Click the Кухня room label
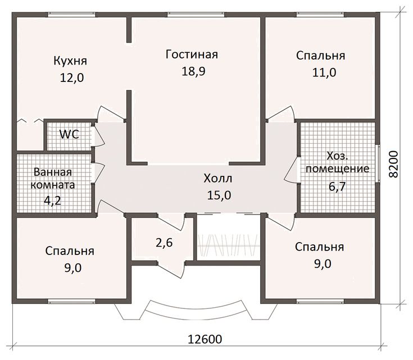(x=70, y=61)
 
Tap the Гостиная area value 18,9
(x=193, y=71)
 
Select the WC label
(x=69, y=135)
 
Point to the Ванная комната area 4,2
(x=52, y=200)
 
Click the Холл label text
(x=218, y=179)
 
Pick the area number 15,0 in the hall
(x=219, y=195)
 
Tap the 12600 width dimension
(x=205, y=339)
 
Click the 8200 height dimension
(x=393, y=164)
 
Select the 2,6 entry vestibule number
(x=164, y=243)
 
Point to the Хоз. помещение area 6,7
(x=337, y=186)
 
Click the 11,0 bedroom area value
(x=324, y=72)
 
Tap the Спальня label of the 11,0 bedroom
(x=320, y=56)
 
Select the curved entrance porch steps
(x=196, y=311)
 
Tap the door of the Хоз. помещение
(x=291, y=170)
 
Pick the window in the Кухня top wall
(x=72, y=15)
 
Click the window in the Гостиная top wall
(x=196, y=15)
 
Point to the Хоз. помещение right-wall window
(x=378, y=163)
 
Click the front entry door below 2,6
(x=171, y=268)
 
